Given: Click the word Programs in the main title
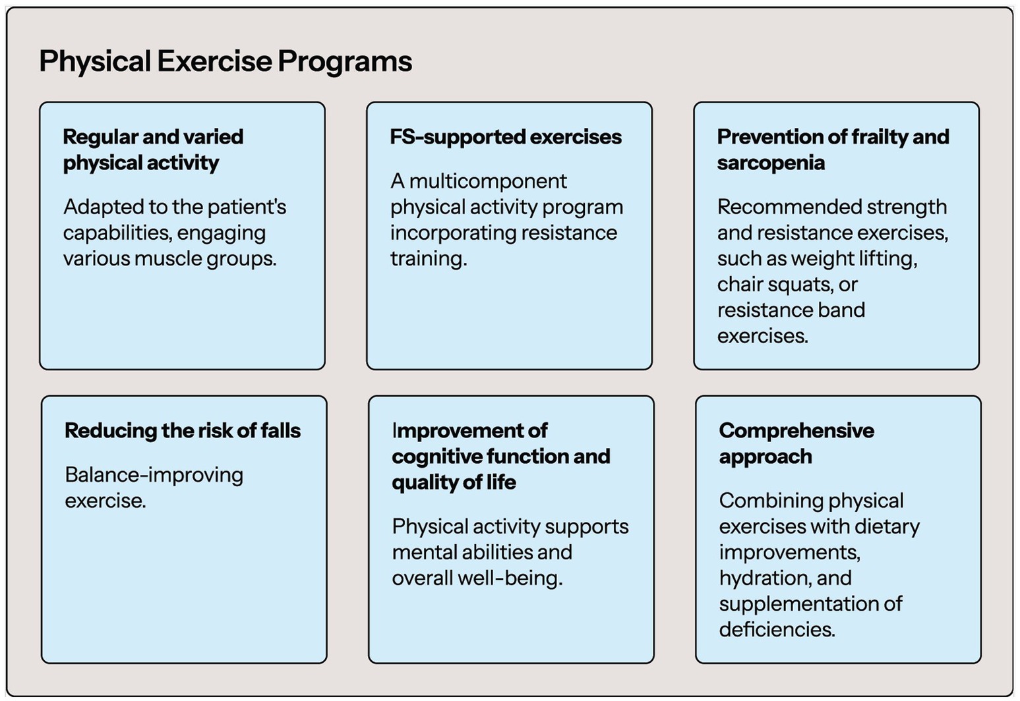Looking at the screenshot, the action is [345, 61].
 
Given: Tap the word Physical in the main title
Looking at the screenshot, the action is [95, 61].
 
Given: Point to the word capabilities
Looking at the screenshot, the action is [117, 233].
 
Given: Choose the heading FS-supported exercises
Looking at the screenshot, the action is [506, 137].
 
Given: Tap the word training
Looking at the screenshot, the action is [429, 259].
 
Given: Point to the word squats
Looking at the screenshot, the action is [801, 285].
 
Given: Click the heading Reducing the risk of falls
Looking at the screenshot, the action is [182, 430].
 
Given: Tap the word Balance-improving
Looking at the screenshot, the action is [154, 476].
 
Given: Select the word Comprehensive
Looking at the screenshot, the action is [796, 431].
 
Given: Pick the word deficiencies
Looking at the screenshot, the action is [777, 630].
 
